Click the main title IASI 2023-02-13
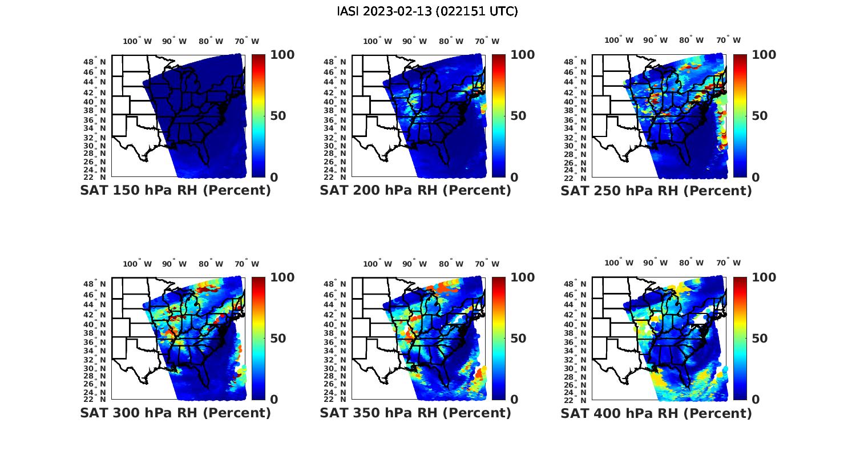tap(427, 11)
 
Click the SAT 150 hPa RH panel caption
tap(175, 191)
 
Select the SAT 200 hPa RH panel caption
tap(415, 191)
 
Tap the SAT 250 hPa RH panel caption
tap(656, 191)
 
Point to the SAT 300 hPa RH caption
tap(175, 413)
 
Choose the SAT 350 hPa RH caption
tap(415, 413)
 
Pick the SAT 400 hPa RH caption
tap(656, 413)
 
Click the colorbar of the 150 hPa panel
tap(259, 115)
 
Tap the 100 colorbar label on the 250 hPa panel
tap(764, 55)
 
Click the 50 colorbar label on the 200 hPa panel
tap(518, 116)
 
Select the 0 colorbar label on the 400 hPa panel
tap(756, 400)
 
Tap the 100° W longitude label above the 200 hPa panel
tap(378, 41)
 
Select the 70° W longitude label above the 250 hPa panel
tap(729, 40)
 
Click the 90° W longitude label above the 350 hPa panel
tap(414, 264)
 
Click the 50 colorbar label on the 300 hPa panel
tap(277, 339)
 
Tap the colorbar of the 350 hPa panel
tap(499, 338)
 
